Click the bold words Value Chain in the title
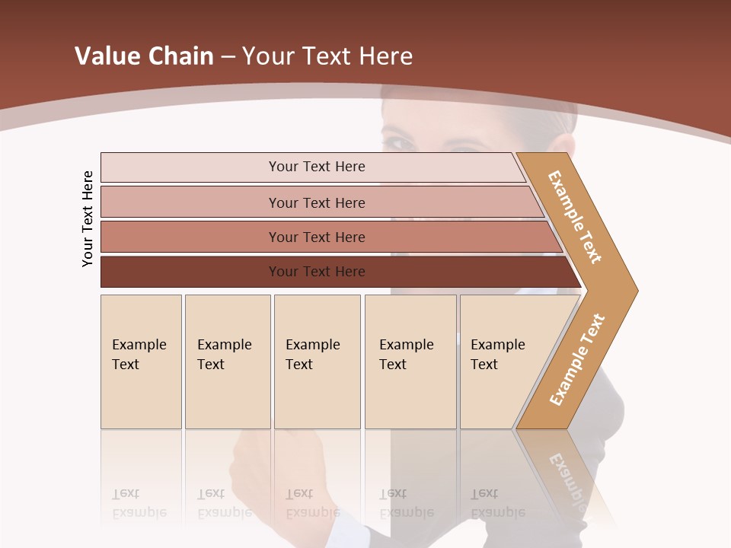coord(144,56)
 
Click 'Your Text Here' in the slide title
coord(327,56)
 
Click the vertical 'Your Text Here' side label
coord(88,218)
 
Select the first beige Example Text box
coord(141,362)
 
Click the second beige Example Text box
coord(227,362)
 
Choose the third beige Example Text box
coord(317,362)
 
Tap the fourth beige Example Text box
coord(410,362)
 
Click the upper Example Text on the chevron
coord(575,217)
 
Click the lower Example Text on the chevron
coord(577,359)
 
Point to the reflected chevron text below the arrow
coord(567,479)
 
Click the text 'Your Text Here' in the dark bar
coord(317,272)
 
